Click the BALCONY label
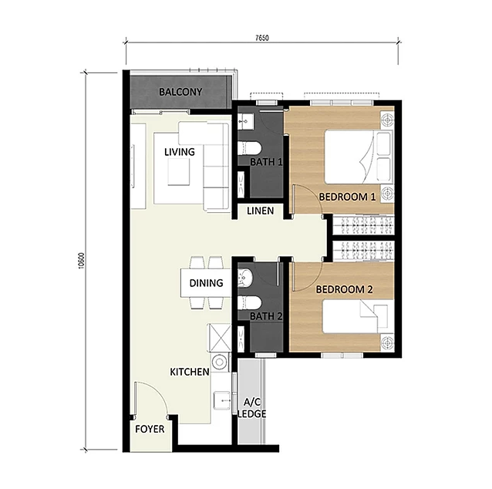pos(180,92)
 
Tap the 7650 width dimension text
pos(262,38)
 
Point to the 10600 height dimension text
pos(82,261)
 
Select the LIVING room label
pos(180,152)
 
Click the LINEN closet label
pos(260,211)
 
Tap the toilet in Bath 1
pos(249,148)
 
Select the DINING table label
pos(206,283)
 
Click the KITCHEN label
pos(190,372)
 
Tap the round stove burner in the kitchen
pos(220,362)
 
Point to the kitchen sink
pos(222,401)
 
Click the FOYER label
pos(150,429)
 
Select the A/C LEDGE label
pos(252,408)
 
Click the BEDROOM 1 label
pos(347,197)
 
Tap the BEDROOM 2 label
pos(344,289)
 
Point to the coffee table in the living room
pos(179,172)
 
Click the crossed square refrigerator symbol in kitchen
pos(220,338)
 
